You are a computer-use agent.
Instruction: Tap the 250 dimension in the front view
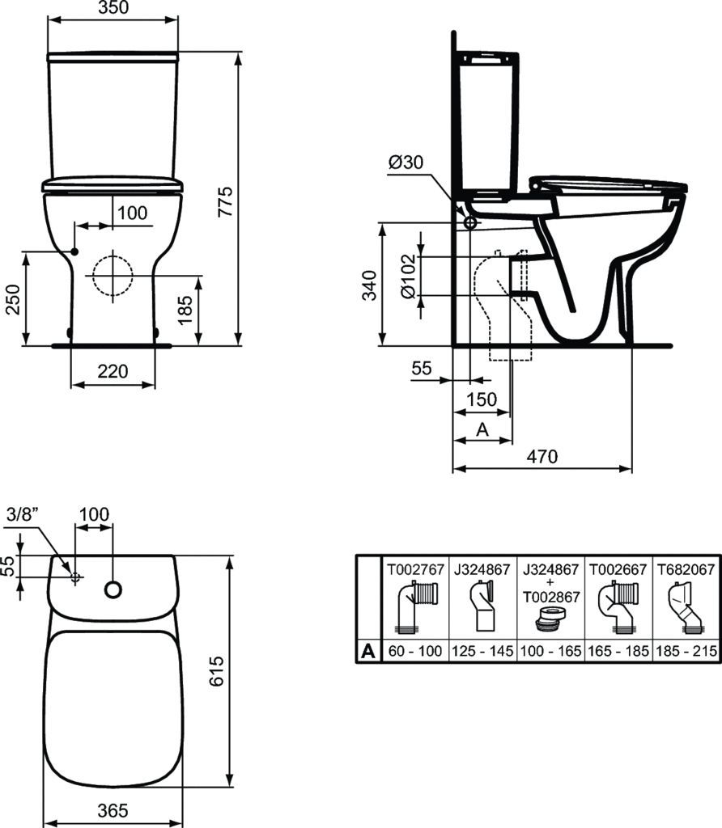pos(11,298)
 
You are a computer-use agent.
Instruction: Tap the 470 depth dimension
pos(541,456)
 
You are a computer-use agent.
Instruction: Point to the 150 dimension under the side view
pos(482,399)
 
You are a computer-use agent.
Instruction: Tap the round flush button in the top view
pos(113,590)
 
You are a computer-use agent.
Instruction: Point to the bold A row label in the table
pos(367,650)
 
